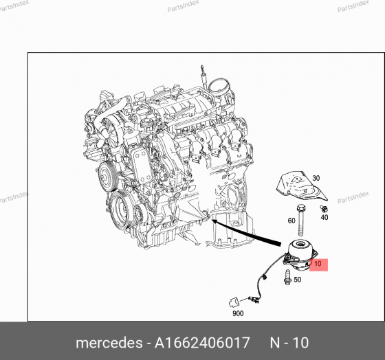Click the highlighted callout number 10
point(317,263)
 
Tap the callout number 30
point(317,177)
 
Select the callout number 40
point(324,217)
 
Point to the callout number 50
point(297,280)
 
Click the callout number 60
point(291,221)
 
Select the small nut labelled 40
point(324,207)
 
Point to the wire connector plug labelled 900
point(234,299)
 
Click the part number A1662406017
point(213,343)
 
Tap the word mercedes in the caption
point(102,343)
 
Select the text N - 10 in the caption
point(289,343)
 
